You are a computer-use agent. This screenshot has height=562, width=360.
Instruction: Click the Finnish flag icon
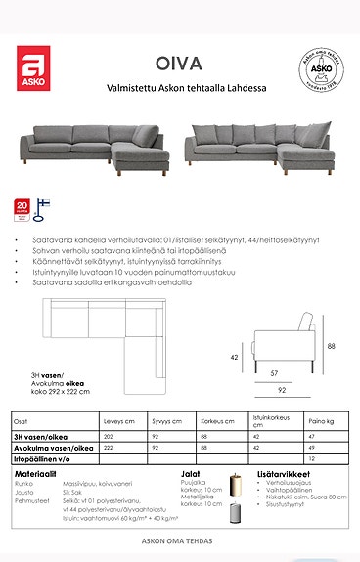click(x=41, y=207)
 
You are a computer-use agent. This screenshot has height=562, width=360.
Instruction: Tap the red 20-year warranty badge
click(x=22, y=208)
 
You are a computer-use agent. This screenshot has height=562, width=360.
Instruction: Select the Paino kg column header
click(x=335, y=421)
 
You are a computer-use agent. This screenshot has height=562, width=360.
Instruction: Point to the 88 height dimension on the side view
click(x=332, y=346)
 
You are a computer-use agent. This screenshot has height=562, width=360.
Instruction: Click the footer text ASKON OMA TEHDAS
click(x=180, y=539)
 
